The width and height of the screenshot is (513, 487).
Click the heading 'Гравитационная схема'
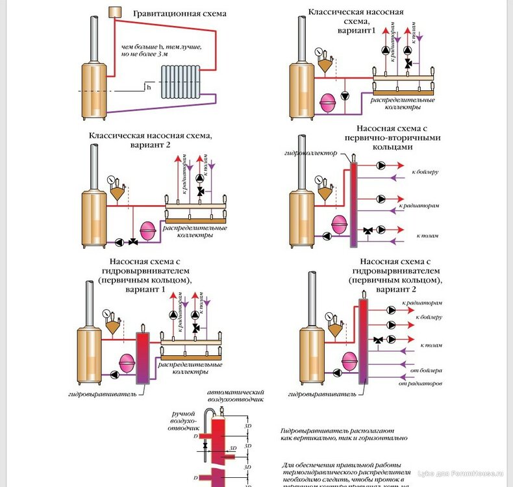[x=180, y=14]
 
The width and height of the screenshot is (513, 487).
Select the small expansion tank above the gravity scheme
[x=116, y=12]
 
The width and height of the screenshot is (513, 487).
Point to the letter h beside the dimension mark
[x=148, y=86]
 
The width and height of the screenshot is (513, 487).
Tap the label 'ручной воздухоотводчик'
[x=184, y=421]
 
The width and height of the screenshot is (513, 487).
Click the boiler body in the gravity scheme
[x=92, y=90]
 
